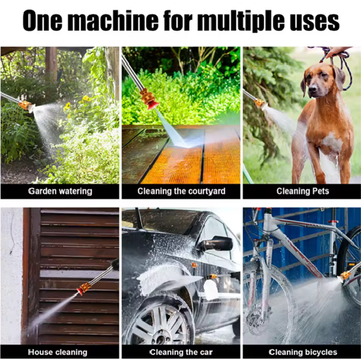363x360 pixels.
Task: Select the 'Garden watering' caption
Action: (x=60, y=191)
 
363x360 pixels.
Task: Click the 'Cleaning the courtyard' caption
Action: (x=181, y=191)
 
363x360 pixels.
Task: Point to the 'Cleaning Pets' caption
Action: (x=303, y=191)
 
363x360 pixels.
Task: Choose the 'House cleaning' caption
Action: (x=58, y=352)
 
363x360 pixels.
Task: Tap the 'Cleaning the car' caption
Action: (x=181, y=352)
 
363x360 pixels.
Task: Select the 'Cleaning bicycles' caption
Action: (x=303, y=352)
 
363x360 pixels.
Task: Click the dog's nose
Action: (x=314, y=89)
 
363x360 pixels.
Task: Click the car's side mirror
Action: (x=217, y=244)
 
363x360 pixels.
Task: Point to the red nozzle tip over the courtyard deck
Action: (x=154, y=105)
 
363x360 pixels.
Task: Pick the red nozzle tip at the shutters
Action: (x=80, y=290)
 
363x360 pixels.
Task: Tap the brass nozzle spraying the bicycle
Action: (x=344, y=276)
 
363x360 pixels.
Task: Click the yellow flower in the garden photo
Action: (x=86, y=99)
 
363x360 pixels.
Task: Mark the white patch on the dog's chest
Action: (x=332, y=141)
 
